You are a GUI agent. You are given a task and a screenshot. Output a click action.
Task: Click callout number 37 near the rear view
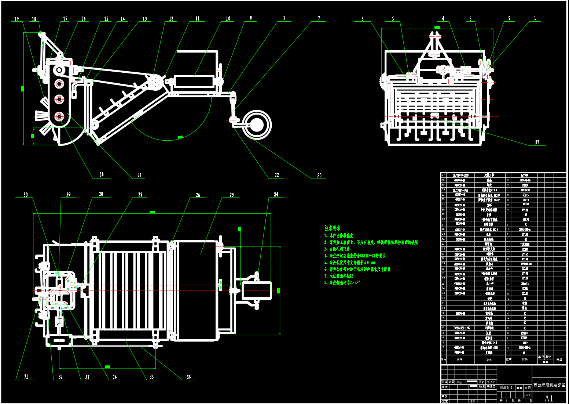pos(537,143)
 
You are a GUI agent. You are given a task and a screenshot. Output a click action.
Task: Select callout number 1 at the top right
pos(535,18)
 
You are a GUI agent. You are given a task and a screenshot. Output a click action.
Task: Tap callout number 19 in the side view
pos(17,19)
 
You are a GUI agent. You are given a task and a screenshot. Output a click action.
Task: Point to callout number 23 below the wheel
pos(319,176)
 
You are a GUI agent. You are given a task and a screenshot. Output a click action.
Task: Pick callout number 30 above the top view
pos(25,195)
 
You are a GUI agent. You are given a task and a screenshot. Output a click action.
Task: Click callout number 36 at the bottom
pos(188,377)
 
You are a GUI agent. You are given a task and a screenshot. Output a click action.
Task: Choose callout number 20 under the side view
pos(102,175)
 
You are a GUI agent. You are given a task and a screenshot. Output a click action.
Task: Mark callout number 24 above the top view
pos(276,194)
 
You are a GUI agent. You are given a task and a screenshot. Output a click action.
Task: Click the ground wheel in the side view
pos(257,125)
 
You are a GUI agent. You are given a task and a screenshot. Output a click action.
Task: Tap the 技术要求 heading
pos(333,228)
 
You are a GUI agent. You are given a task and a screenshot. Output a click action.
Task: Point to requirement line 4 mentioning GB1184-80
pos(355,256)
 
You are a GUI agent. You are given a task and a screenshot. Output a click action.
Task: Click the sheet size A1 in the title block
pos(548,398)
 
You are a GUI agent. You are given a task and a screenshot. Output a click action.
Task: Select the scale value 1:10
pos(527,394)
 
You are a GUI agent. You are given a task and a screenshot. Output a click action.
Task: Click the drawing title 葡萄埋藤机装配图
pos(549,385)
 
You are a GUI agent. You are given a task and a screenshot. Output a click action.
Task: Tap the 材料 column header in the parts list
pos(525,360)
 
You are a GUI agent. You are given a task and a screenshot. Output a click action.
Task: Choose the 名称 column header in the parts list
pos(489,360)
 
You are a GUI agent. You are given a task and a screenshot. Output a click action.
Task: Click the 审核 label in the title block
pos(445,396)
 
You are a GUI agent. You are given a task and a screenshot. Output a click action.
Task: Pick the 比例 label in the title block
pos(528,388)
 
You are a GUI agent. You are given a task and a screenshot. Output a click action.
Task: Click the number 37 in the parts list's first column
pos(443,175)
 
